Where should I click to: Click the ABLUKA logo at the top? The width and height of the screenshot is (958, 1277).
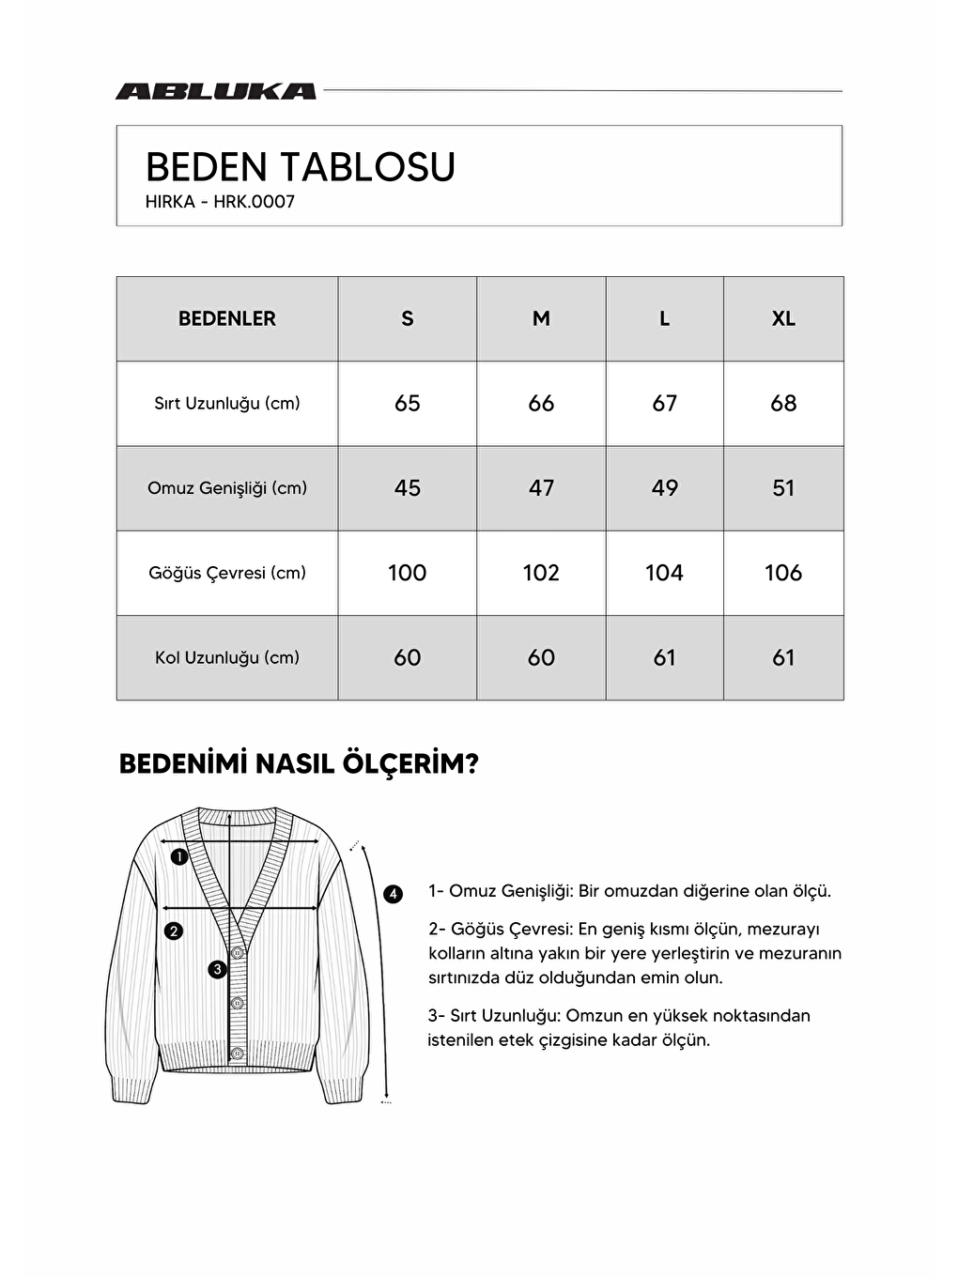[215, 91]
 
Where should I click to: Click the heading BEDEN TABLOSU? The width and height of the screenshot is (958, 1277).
[300, 167]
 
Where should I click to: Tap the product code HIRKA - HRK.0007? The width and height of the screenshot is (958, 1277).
[220, 202]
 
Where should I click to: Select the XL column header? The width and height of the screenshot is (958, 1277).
[783, 318]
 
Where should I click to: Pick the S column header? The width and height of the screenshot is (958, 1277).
[407, 318]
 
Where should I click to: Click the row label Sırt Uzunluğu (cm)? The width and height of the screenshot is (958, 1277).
[227, 404]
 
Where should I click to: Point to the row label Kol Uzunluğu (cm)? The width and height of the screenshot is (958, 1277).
[227, 657]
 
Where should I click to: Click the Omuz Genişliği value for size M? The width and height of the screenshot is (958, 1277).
[541, 488]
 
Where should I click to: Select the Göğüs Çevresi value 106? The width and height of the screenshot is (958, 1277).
[783, 573]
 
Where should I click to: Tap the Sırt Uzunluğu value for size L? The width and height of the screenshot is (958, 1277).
[664, 404]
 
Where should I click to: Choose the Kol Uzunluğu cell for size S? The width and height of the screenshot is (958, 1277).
[407, 657]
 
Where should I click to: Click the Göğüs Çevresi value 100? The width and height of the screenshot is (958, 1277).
[407, 573]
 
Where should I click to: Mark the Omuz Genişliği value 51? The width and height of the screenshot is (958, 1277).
[783, 488]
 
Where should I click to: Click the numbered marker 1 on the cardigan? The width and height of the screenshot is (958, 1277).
[179, 856]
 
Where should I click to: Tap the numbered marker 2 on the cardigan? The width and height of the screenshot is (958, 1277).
[173, 931]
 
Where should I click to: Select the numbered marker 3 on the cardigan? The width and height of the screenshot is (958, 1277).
[217, 969]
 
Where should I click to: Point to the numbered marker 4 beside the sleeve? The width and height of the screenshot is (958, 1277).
[393, 894]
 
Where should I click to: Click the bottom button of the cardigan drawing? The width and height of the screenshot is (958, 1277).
[238, 1054]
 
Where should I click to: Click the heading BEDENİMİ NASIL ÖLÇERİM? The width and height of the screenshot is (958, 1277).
[299, 764]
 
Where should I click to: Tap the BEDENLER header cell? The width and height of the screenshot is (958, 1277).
[227, 318]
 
